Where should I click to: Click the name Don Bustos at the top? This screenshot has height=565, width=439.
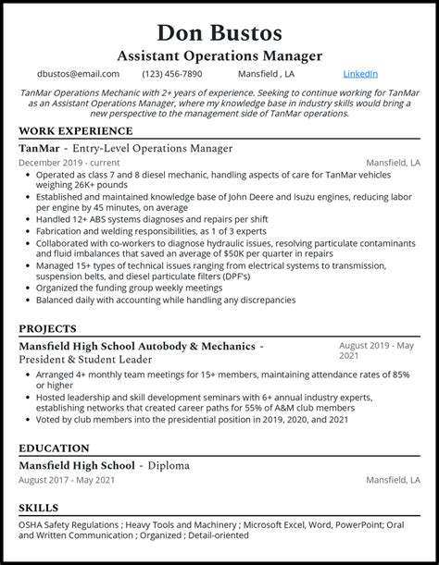219,32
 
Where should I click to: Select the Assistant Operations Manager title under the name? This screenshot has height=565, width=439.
219,55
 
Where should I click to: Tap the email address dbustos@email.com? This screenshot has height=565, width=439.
78,74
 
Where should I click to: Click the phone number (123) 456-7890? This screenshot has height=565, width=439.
172,74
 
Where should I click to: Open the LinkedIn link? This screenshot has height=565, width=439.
359,74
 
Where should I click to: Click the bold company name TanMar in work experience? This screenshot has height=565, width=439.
40,149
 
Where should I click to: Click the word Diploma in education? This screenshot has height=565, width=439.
169,465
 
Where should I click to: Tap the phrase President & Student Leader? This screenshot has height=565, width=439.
85,359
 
